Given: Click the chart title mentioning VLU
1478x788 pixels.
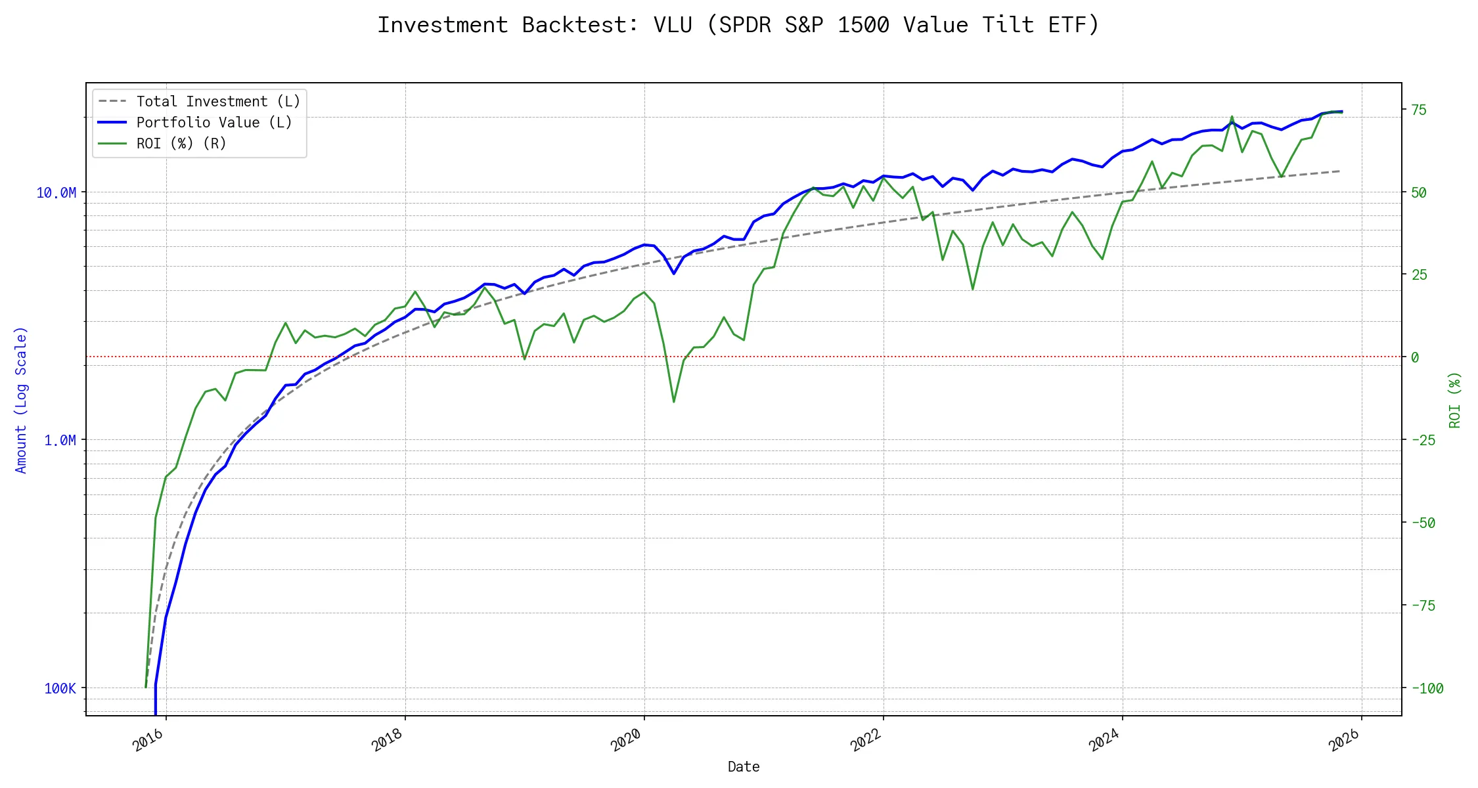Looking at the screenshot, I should pyautogui.click(x=738, y=25).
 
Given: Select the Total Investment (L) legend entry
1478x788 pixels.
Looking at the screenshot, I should pyautogui.click(x=217, y=102).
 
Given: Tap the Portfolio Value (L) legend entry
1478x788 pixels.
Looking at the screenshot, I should pyautogui.click(x=213, y=123).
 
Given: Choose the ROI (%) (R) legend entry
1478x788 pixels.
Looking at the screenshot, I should pyautogui.click(x=181, y=144).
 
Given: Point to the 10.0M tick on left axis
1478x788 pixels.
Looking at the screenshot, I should pyautogui.click(x=56, y=192).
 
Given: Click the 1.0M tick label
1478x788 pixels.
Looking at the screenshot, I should pyautogui.click(x=60, y=440).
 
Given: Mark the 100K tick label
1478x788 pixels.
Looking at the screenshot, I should pyautogui.click(x=60, y=688).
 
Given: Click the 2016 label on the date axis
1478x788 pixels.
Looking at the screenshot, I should pyautogui.click(x=148, y=741).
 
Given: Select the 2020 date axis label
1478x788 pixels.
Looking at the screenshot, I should pyautogui.click(x=626, y=741).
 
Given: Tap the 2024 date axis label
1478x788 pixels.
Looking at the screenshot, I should pyautogui.click(x=1104, y=741).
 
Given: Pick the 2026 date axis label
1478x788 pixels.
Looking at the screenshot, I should pyautogui.click(x=1344, y=741).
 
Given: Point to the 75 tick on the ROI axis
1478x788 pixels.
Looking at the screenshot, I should pyautogui.click(x=1420, y=110).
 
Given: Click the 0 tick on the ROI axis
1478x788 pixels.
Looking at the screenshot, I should pyautogui.click(x=1415, y=357).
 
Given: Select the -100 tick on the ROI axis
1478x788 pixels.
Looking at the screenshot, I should pyautogui.click(x=1427, y=688).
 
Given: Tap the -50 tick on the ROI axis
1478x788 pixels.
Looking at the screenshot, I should pyautogui.click(x=1423, y=523).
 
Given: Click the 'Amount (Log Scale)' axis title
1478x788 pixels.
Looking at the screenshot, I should pyautogui.click(x=21, y=400).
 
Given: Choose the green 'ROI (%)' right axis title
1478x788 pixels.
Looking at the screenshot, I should pyautogui.click(x=1455, y=400).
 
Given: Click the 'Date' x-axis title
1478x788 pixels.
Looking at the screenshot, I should pyautogui.click(x=744, y=767).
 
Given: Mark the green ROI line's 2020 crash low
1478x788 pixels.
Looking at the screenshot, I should pyautogui.click(x=674, y=402).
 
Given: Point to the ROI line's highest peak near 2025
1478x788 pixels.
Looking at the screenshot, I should pyautogui.click(x=1232, y=117).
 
